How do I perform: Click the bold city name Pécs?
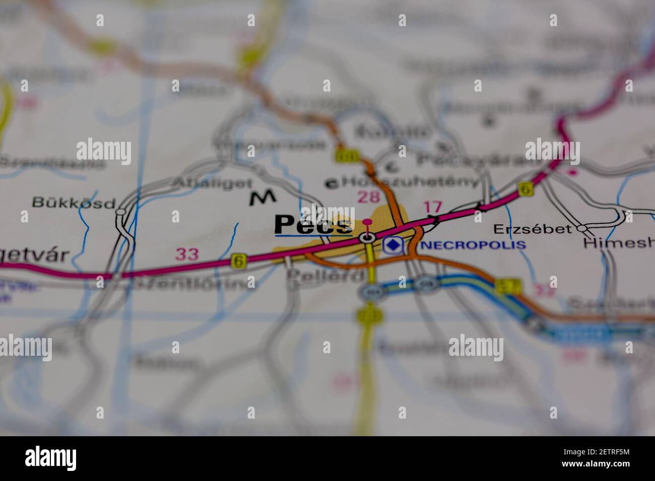(312, 224)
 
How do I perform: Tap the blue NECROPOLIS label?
(473, 245)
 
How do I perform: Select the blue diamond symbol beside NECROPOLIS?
(393, 245)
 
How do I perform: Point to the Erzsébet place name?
(533, 229)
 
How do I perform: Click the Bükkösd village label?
(74, 202)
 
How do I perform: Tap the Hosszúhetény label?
(410, 182)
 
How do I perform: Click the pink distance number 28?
(368, 197)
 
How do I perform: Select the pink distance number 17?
(432, 207)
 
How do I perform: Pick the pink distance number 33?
(187, 254)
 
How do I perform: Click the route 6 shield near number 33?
(238, 261)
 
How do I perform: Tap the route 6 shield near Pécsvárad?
(526, 189)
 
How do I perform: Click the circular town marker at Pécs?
(367, 238)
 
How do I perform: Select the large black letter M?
(263, 198)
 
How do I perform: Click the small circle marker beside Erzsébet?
(582, 228)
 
